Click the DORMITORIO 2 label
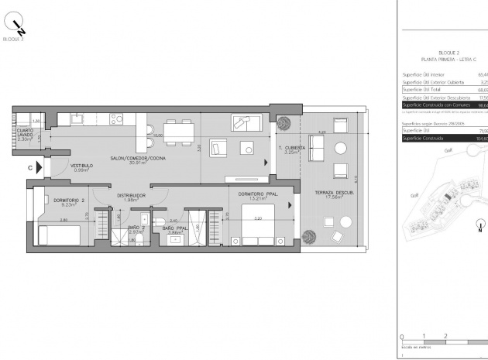coord(60,202)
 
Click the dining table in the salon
coord(180,133)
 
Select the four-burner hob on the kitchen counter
coord(117,118)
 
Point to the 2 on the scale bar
coord(445,336)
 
